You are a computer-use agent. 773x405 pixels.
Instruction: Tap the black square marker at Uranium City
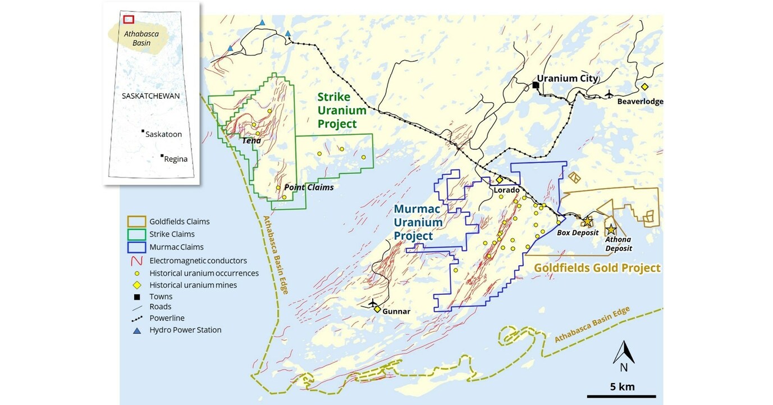click(x=536, y=86)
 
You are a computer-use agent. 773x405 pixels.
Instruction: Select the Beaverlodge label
click(x=640, y=102)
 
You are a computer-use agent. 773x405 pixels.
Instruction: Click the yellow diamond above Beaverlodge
click(x=644, y=87)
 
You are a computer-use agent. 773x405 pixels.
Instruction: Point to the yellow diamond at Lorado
click(x=499, y=180)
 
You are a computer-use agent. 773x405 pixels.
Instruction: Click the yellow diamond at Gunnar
click(x=378, y=310)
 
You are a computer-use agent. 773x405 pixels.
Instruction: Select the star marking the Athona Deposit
click(x=611, y=230)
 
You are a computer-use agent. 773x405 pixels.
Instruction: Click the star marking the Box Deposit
click(x=587, y=221)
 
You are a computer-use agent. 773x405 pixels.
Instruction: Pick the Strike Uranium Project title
click(x=342, y=111)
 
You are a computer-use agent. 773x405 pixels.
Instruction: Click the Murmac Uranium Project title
click(x=418, y=222)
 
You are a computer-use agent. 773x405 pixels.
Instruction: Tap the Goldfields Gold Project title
click(x=597, y=268)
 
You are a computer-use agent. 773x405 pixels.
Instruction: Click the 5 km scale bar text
click(x=622, y=386)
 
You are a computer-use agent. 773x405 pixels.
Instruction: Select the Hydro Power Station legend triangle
click(x=136, y=330)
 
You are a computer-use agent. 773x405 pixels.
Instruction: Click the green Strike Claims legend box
click(x=136, y=234)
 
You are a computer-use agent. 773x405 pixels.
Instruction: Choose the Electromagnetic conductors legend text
click(x=198, y=261)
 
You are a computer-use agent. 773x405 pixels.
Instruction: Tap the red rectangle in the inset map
click(x=129, y=19)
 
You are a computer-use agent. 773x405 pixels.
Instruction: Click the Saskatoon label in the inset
click(x=163, y=134)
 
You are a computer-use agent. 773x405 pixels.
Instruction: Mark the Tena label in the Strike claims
click(x=251, y=140)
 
